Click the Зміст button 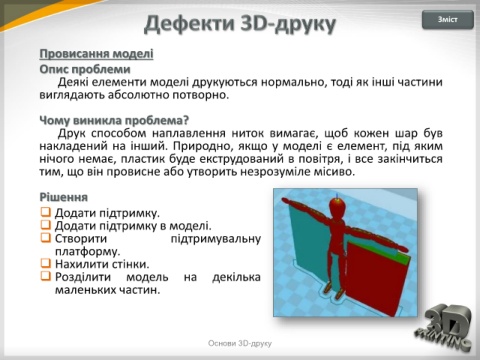(447, 20)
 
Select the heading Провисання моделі (96, 54)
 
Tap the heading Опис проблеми (85, 69)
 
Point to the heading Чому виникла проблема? (114, 120)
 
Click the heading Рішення (64, 197)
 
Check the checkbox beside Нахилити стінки (45, 263)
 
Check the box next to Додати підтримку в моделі (45, 225)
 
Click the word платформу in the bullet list (87, 252)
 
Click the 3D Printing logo (444, 328)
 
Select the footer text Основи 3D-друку (240, 343)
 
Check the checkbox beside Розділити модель (45, 276)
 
